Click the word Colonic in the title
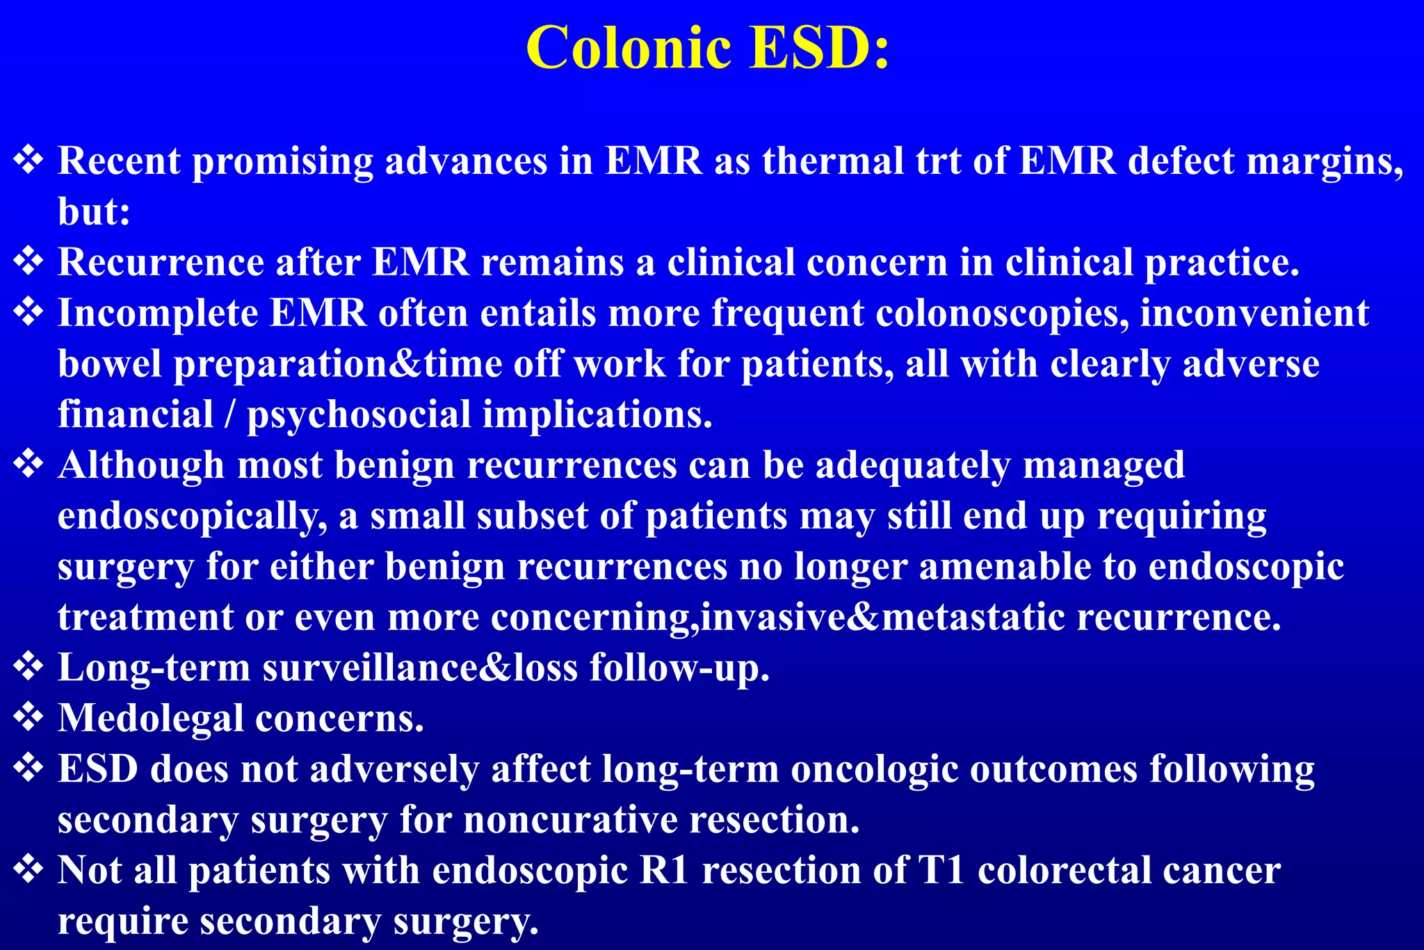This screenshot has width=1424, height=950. (629, 49)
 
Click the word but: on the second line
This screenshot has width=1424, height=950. (94, 211)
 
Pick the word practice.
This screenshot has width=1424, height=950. (1222, 263)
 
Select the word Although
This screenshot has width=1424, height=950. (141, 465)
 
